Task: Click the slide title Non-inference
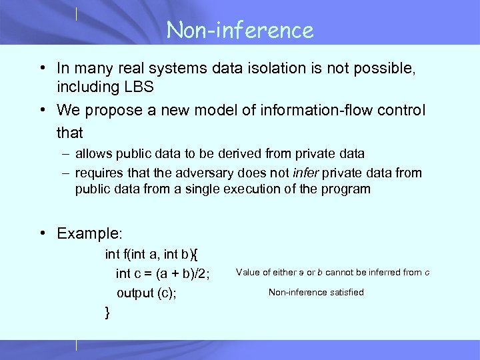[x=240, y=30]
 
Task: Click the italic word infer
[x=305, y=173]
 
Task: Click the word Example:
[x=90, y=233]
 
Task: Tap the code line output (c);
[x=147, y=293]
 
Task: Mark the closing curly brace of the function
[x=108, y=311]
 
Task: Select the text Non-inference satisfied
[x=316, y=293]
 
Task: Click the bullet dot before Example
[x=42, y=233]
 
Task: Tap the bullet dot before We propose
[x=42, y=109]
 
